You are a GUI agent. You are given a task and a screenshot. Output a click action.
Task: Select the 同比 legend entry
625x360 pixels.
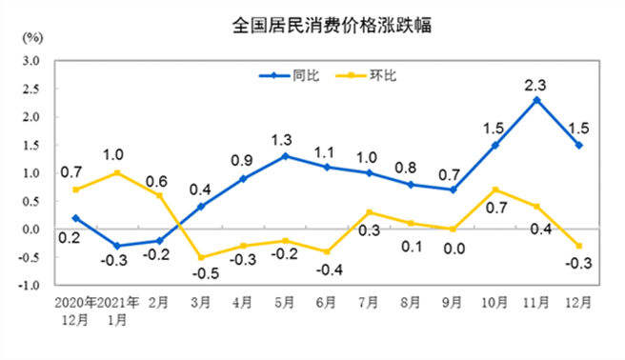(x=292, y=74)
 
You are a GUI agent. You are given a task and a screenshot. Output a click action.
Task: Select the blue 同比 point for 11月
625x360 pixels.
(x=538, y=100)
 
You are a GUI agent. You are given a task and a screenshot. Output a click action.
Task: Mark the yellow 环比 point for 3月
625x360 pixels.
(x=201, y=257)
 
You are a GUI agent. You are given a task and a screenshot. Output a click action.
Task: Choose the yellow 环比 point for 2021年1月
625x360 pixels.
(x=116, y=173)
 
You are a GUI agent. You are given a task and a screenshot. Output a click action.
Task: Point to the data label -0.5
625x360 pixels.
(x=201, y=275)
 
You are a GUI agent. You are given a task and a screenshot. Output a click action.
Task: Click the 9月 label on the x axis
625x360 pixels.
(x=454, y=305)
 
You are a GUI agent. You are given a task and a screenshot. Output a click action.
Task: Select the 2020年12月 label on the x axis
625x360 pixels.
(x=76, y=311)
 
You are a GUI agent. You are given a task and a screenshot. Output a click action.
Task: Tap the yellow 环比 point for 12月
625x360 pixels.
(x=579, y=246)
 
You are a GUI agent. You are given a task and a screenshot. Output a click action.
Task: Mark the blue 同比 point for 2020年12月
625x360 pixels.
(x=74, y=218)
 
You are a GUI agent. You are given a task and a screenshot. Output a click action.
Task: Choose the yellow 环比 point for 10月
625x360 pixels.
(x=495, y=190)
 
